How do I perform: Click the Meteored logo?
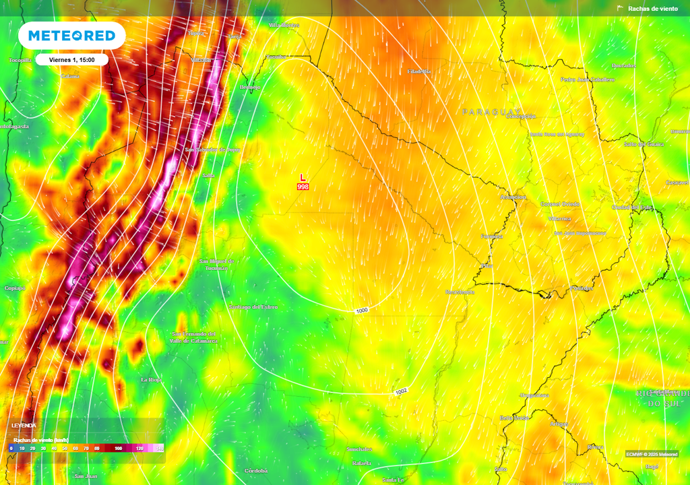pyautogui.click(x=71, y=36)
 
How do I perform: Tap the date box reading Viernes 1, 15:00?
pyautogui.click(x=71, y=60)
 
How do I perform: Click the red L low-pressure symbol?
pyautogui.click(x=303, y=177)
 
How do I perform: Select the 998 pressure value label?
pyautogui.click(x=303, y=187)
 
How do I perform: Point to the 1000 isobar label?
pyautogui.click(x=362, y=311)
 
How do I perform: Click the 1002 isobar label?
pyautogui.click(x=401, y=391)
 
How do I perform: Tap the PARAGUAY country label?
pyautogui.click(x=491, y=112)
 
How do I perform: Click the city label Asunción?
pyautogui.click(x=512, y=197)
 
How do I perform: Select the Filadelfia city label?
pyautogui.click(x=419, y=71)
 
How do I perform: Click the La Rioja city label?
pyautogui.click(x=151, y=380)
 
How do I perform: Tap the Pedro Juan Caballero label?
pyautogui.click(x=587, y=79)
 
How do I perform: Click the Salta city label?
pyautogui.click(x=208, y=176)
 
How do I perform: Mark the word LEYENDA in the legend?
pyautogui.click(x=24, y=426)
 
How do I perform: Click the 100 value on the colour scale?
pyautogui.click(x=118, y=448)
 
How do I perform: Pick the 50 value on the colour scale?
pyautogui.click(x=65, y=448)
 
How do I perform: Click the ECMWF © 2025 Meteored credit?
pyautogui.click(x=651, y=454)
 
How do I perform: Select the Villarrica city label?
pyautogui.click(x=559, y=219)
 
